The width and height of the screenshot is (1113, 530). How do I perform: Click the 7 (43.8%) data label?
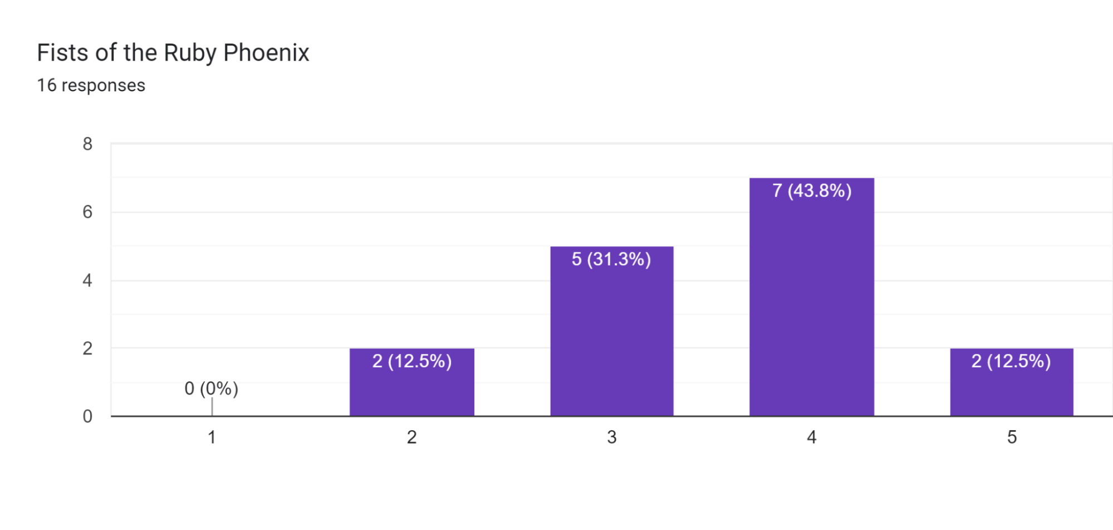812,191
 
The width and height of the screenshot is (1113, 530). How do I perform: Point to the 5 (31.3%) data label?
611,259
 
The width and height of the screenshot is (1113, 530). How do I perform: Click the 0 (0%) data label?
211,388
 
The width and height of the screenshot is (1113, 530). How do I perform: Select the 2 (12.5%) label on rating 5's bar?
1011,361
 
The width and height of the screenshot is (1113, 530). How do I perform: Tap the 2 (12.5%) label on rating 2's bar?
411,361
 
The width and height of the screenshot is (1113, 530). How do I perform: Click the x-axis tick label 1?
212,437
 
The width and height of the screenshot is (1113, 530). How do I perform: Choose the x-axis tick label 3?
611,437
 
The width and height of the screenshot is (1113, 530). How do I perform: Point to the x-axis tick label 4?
811,437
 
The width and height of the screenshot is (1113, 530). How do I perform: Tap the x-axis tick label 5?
1012,437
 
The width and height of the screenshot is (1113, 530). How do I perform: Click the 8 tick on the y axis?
87,144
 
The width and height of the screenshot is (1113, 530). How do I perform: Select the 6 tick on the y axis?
87,212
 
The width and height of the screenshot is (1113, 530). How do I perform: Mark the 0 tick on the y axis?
87,416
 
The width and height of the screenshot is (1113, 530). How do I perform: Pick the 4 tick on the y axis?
87,280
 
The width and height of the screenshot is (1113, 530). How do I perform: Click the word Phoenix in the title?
266,53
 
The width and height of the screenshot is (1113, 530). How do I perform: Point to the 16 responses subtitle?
91,85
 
